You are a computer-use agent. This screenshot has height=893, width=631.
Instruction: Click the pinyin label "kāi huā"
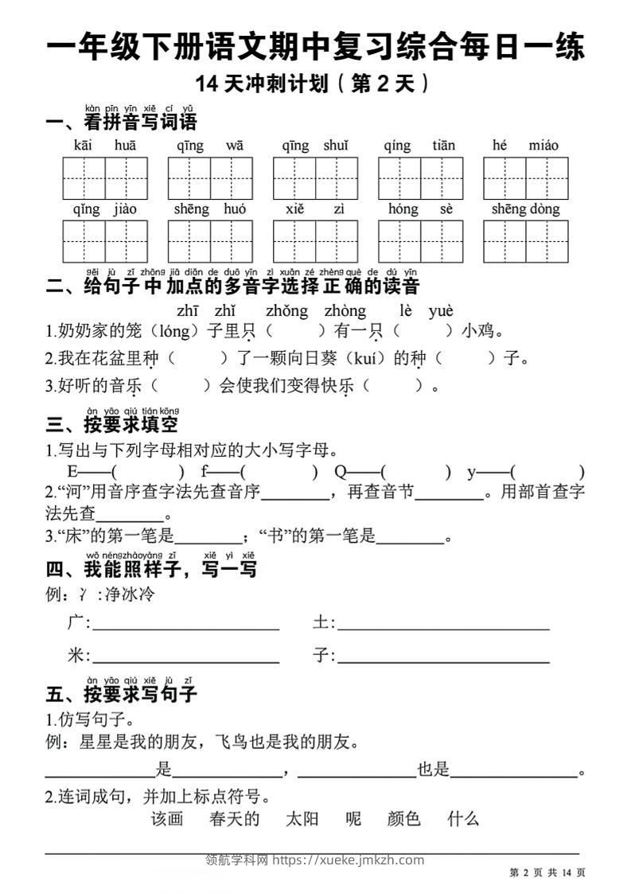point(105,146)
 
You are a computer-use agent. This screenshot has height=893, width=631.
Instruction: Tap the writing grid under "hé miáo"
point(525,178)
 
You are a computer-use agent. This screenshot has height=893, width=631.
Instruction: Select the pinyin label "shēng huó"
point(210,209)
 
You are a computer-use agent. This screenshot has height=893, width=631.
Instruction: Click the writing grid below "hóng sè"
point(420,241)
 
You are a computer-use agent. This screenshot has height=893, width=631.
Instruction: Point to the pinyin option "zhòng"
point(345,311)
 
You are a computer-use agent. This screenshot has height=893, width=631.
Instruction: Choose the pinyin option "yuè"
point(440,311)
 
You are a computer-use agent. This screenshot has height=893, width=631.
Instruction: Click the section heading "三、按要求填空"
point(112,424)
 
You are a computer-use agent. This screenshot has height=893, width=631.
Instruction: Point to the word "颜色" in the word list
point(403,819)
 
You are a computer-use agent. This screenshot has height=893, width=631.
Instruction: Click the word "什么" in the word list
point(463,819)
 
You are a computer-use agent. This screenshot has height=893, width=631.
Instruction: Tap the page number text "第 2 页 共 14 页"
point(547,873)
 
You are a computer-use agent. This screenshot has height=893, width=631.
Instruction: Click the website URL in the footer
point(349,860)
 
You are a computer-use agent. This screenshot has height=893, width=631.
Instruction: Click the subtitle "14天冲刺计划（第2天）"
point(315,84)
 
